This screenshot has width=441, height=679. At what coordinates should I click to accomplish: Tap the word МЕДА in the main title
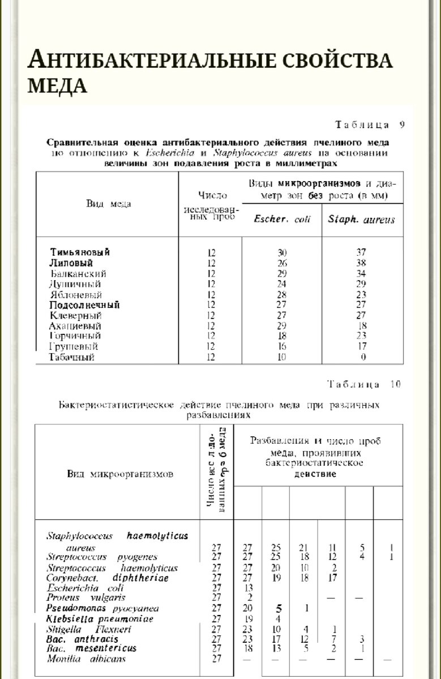pyautogui.click(x=57, y=85)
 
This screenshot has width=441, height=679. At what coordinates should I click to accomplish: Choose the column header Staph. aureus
pyautogui.click(x=361, y=220)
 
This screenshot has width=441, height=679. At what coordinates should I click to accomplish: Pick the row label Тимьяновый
pyautogui.click(x=80, y=252)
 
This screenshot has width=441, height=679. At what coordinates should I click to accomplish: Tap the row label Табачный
pyautogui.click(x=71, y=358)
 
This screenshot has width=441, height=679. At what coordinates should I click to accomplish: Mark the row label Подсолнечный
pyautogui.click(x=84, y=305)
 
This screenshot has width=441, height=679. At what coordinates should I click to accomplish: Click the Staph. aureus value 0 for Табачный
pyautogui.click(x=363, y=358)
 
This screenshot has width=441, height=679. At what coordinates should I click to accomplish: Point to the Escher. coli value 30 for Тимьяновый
pyautogui.click(x=281, y=252)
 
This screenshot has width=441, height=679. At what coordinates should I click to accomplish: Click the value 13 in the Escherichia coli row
pyautogui.click(x=247, y=588)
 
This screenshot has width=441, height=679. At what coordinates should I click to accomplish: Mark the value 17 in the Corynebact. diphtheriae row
pyautogui.click(x=332, y=578)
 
